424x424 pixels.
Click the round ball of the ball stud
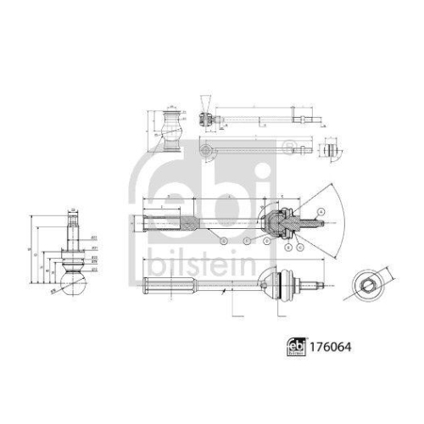coord(74,274)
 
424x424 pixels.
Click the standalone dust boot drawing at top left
coord(172,130)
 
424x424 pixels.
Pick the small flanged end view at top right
coord(332,152)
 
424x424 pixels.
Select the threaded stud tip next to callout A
coord(315,226)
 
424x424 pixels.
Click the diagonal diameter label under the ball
coord(56,291)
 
